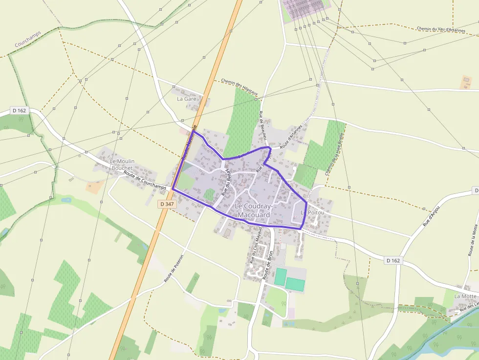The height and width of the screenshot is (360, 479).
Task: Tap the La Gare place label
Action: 186,99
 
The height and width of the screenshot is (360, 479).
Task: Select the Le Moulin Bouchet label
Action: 122,165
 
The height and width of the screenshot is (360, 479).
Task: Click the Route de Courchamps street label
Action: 145,181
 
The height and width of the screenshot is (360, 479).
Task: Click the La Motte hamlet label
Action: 465,296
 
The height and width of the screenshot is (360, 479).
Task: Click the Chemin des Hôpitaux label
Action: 239,87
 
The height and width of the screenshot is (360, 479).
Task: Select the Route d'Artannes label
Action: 292,135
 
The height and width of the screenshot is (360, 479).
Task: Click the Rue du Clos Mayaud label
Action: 256,244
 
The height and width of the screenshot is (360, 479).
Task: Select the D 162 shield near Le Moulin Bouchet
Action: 20,110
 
